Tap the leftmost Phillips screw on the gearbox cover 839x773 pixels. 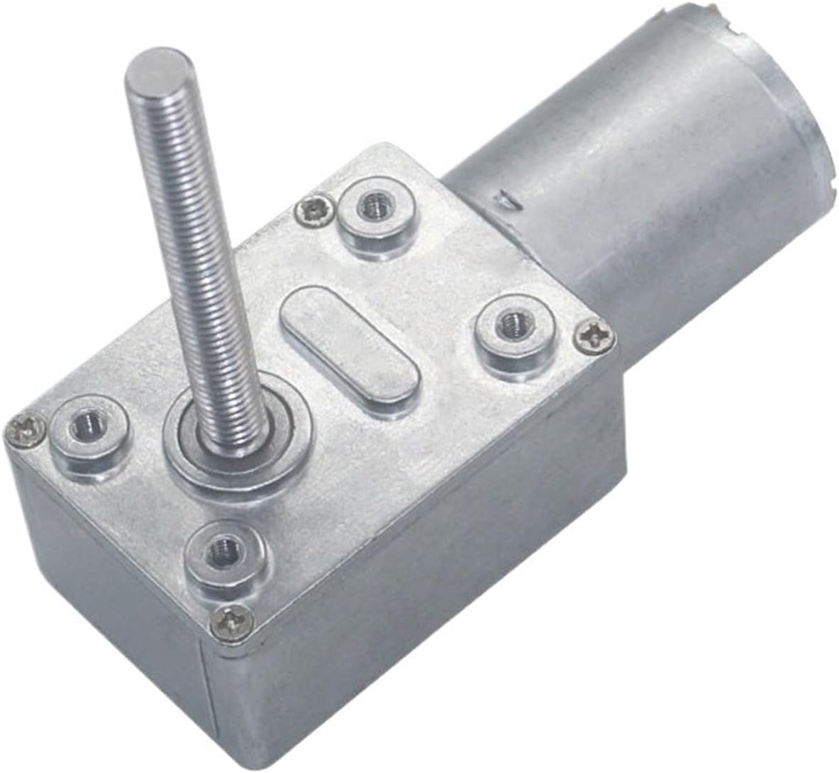27,431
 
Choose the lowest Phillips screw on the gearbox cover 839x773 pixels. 232,620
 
